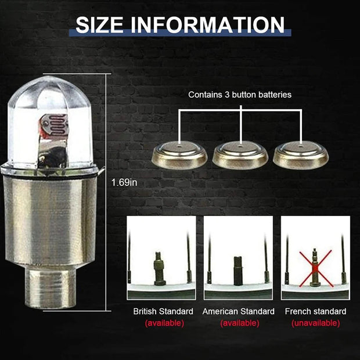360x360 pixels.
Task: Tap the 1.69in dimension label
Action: [x=125, y=182]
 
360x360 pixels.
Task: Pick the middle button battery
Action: [x=240, y=155]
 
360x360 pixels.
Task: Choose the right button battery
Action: [x=301, y=155]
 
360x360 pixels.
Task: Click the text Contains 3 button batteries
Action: [x=240, y=94]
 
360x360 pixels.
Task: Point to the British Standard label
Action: [x=163, y=312]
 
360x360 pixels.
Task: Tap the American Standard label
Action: [x=238, y=312]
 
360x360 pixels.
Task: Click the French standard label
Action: [x=315, y=312]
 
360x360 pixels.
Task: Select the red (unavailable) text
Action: [x=315, y=323]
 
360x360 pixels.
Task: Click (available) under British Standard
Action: [x=164, y=323]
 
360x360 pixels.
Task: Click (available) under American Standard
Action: [x=239, y=323]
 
